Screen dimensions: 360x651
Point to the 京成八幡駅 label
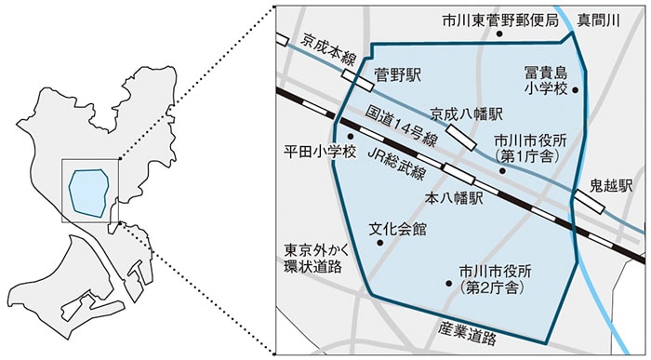pos(467,113)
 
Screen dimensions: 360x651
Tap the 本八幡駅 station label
pos(454,198)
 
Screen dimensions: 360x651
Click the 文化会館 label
pos(397,227)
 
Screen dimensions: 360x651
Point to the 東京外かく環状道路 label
pos(312,259)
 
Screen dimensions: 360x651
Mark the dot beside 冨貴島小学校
pos(576,90)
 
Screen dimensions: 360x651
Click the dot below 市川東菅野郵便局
pos(498,34)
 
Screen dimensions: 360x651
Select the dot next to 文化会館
pos(379,243)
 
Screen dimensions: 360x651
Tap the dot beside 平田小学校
pos(351,137)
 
